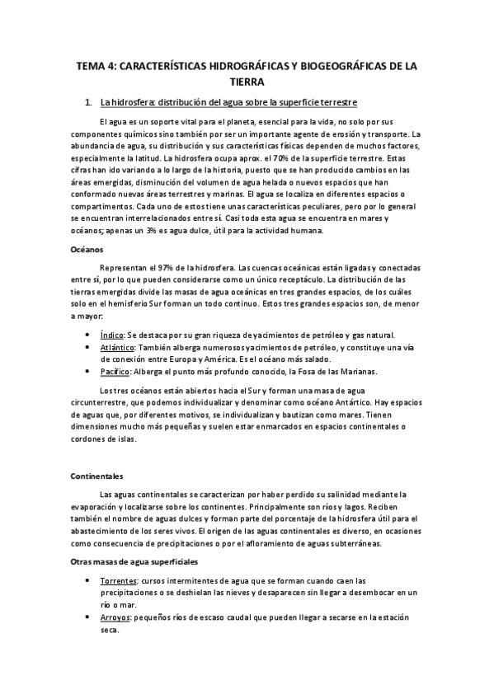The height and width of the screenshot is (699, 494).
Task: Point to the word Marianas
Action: click(355, 372)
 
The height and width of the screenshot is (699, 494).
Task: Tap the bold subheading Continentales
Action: click(97, 476)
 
